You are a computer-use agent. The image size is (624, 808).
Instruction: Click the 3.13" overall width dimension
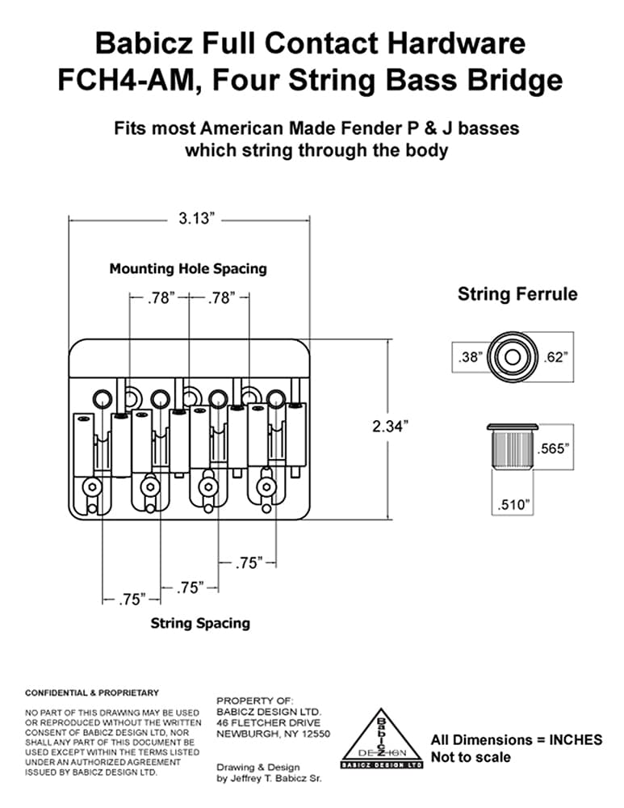point(196,218)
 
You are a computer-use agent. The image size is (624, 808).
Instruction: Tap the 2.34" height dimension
point(390,426)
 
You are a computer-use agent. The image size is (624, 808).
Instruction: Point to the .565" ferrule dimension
point(554,448)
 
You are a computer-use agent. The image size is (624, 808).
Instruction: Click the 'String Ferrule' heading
point(517,294)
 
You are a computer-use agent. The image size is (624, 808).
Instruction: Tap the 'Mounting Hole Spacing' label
point(188,268)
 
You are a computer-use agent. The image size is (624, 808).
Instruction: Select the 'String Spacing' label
point(200,623)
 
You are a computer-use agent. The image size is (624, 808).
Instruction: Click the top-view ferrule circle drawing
point(513,356)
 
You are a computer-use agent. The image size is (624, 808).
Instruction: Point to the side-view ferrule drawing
point(513,446)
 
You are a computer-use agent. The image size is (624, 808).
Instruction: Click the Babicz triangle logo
point(382,739)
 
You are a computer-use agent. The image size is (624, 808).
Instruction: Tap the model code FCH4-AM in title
point(123,80)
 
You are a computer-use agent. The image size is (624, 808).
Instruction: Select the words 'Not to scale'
point(471,757)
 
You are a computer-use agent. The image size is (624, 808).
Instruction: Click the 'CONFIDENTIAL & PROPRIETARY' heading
point(92,693)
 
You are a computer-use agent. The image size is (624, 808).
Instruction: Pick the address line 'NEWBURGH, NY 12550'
point(274,734)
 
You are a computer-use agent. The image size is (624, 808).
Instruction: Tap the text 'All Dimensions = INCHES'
point(517,739)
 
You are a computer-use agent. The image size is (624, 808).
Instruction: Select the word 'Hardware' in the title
point(455,43)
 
